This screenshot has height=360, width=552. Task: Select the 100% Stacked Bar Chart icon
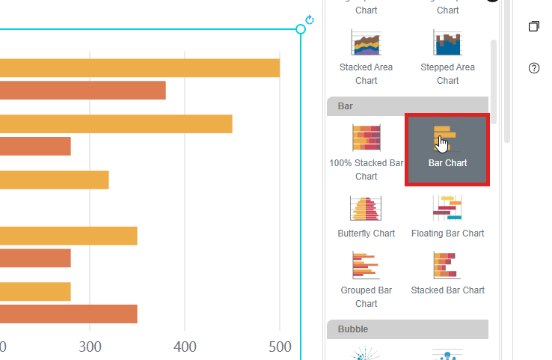tap(367, 138)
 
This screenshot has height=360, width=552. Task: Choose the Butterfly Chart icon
tap(367, 209)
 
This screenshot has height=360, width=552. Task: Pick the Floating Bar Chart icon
tap(447, 209)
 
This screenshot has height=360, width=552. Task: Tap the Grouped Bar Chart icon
tap(367, 266)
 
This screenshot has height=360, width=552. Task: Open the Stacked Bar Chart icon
tap(447, 266)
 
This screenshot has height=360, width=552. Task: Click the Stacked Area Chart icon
tap(367, 43)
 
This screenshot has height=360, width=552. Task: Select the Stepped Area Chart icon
tap(447, 43)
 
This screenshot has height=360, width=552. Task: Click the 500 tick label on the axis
tap(280, 347)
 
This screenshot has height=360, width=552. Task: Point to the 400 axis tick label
tap(185, 347)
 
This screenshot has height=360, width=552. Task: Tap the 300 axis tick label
tap(90, 347)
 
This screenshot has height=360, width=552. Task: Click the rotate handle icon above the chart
tap(310, 20)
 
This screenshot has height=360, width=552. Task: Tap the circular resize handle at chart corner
tap(301, 29)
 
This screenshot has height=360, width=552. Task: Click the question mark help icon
tap(534, 68)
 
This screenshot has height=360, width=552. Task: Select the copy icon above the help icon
tap(534, 26)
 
